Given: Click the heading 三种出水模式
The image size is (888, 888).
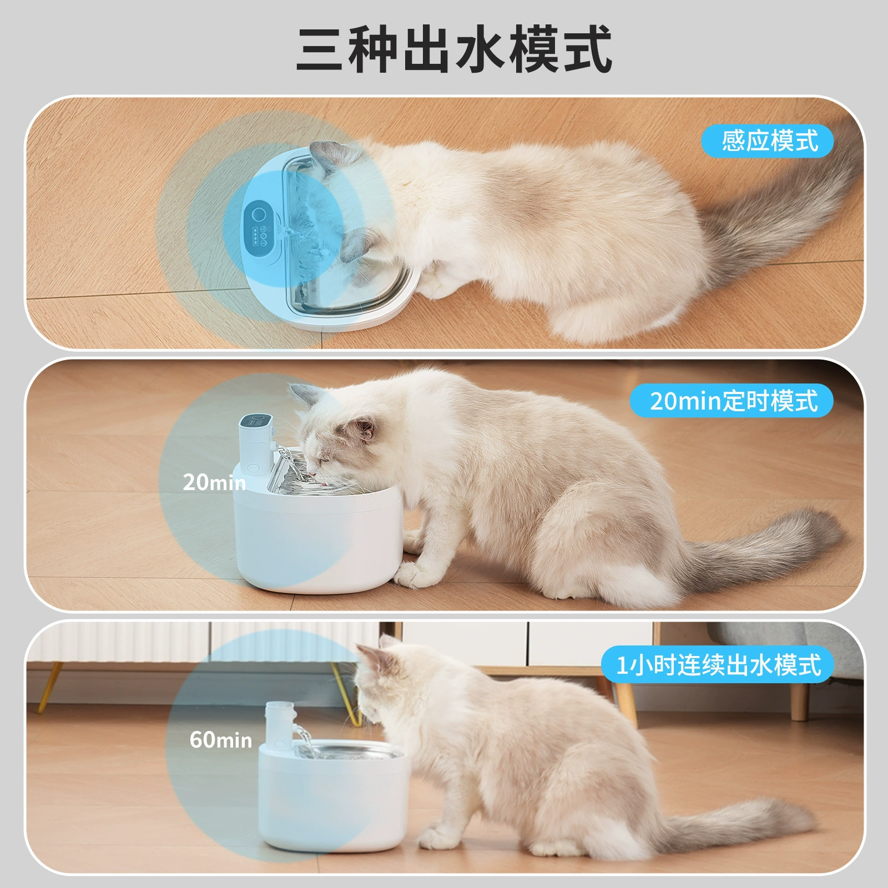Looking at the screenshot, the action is point(454,49).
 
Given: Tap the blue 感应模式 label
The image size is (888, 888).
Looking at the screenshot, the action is point(768,141).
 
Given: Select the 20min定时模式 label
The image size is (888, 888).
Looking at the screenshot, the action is point(731,400).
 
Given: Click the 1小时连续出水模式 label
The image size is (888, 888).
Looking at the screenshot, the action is point(717,664).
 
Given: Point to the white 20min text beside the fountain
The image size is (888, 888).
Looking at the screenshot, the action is point(214,482).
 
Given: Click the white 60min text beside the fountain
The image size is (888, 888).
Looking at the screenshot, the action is point(221,740).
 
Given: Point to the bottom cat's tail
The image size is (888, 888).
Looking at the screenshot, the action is point(738,827).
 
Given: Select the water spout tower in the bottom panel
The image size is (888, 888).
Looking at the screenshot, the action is point(280,724).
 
